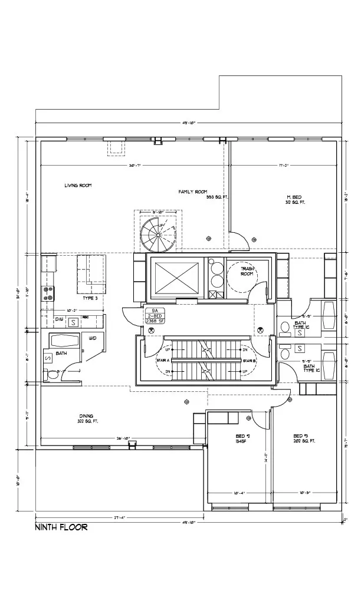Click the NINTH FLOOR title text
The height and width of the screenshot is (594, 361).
coord(61,527)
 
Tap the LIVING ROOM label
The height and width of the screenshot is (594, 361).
coord(78,186)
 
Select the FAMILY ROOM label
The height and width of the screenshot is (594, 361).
coord(193,192)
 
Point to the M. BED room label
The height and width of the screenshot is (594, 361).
coord(295,197)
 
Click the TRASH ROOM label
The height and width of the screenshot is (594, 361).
coord(247,271)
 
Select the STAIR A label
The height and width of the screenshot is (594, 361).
coord(163,359)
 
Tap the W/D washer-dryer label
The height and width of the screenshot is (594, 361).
coord(93,339)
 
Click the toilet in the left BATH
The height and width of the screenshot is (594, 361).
coord(52,373)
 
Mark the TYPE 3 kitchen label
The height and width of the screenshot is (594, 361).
coord(90,298)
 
